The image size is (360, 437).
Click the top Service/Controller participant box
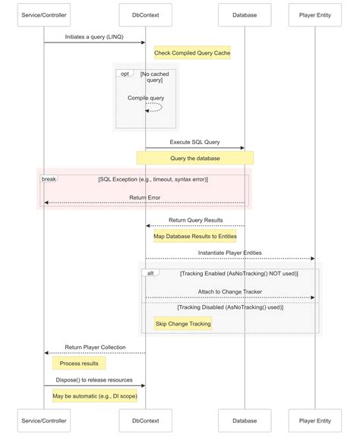pyautogui.click(x=44, y=14)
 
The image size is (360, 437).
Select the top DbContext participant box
pyautogui.click(x=146, y=14)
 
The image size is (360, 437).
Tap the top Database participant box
pyautogui.click(x=245, y=14)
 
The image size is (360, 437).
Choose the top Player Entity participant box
pyautogui.click(x=314, y=14)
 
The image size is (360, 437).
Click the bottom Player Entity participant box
pyautogui.click(x=314, y=420)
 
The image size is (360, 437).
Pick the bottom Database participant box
pyautogui.click(x=245, y=420)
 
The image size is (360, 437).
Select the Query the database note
pyautogui.click(x=195, y=158)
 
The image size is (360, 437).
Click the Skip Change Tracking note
pyautogui.click(x=183, y=323)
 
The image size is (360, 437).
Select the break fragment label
pyautogui.click(x=48, y=178)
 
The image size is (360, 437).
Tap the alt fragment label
pyautogui.click(x=151, y=272)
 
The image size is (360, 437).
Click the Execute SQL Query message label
pyautogui.click(x=194, y=142)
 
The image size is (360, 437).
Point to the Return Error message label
pyautogui.click(x=144, y=197)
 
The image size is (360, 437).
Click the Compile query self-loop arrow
pyautogui.click(x=154, y=108)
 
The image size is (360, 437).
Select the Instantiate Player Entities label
pyautogui.click(x=229, y=253)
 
